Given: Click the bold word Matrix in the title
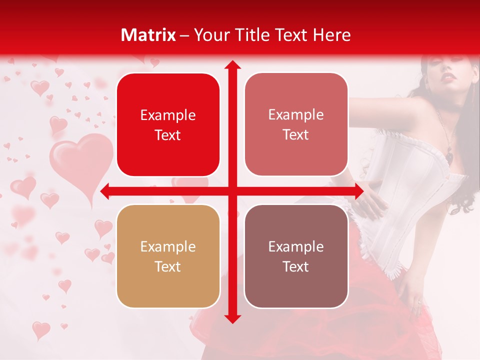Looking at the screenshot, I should pyautogui.click(x=148, y=35).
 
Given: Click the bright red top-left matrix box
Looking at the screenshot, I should pyautogui.click(x=168, y=124).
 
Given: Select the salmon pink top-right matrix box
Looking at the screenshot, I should pyautogui.click(x=296, y=124).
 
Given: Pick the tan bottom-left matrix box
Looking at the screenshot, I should pyautogui.click(x=168, y=256).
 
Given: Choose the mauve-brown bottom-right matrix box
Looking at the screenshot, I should pyautogui.click(x=296, y=256).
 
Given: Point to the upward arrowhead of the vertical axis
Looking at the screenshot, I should pyautogui.click(x=232, y=65).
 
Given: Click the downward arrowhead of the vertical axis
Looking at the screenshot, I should pyautogui.click(x=232, y=318).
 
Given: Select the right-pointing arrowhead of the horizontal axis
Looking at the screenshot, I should pyautogui.click(x=358, y=191).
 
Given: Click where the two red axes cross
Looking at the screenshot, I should pyautogui.click(x=232, y=191).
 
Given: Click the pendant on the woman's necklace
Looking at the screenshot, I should pyautogui.click(x=449, y=156).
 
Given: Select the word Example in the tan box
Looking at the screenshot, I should pyautogui.click(x=168, y=246).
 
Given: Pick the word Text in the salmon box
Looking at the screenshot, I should pyautogui.click(x=296, y=135).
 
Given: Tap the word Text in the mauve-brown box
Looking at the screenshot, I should pyautogui.click(x=296, y=266).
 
